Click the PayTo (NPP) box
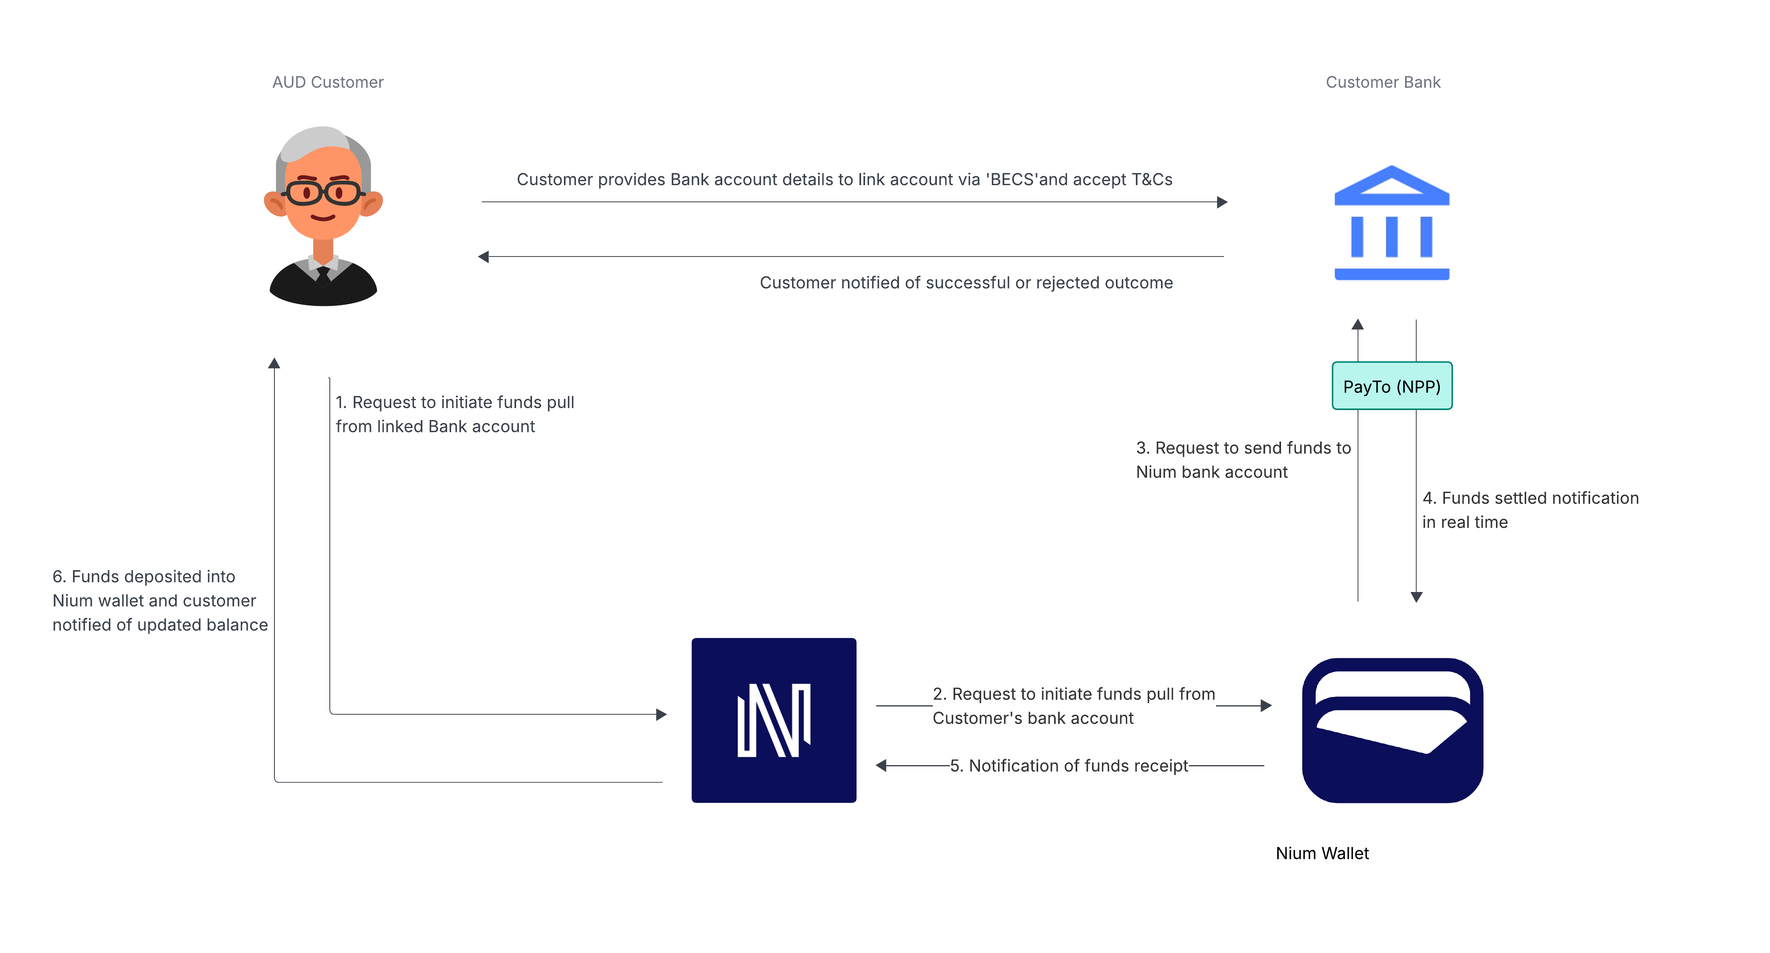point(1392,386)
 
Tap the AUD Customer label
point(328,83)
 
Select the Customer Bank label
point(1382,83)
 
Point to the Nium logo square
point(774,720)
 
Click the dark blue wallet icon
point(1392,730)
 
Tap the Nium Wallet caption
point(1322,853)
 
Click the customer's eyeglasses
point(323,192)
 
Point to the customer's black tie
point(323,275)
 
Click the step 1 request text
point(454,414)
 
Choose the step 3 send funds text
point(1243,460)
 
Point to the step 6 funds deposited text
point(160,600)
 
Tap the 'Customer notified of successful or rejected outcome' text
point(966,283)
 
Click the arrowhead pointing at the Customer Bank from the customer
point(1222,202)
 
